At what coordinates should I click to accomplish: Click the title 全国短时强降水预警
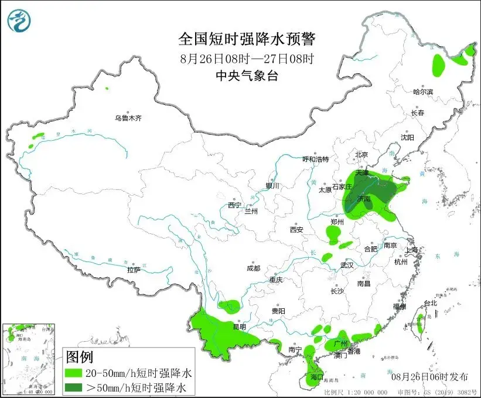click(x=247, y=40)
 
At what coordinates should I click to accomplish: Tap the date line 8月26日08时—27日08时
click(x=247, y=59)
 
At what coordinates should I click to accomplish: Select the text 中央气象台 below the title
click(x=247, y=75)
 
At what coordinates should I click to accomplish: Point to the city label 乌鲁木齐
click(x=128, y=118)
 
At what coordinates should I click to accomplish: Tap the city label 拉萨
click(x=134, y=270)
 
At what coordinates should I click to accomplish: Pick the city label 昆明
click(x=240, y=326)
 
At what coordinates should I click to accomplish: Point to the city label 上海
click(x=412, y=250)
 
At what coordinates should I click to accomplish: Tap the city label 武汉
click(x=347, y=265)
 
